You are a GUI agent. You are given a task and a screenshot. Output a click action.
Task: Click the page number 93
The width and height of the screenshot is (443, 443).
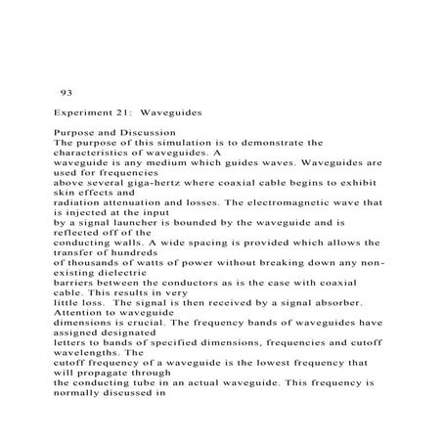[66, 93]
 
